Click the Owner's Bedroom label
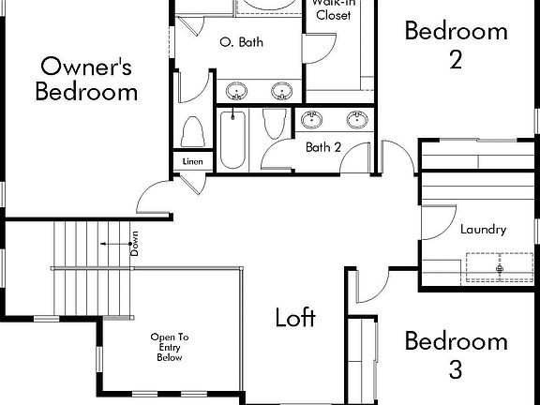coord(87,79)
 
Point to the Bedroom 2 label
coord(456,44)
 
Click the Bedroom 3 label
coord(456,354)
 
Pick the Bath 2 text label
coord(323,147)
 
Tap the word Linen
coord(192,161)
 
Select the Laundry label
coord(484,229)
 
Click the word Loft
coord(295,317)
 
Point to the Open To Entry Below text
coord(170,347)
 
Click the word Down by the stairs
coord(135,246)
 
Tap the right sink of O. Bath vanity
coord(281,91)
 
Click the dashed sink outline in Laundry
coord(500,267)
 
